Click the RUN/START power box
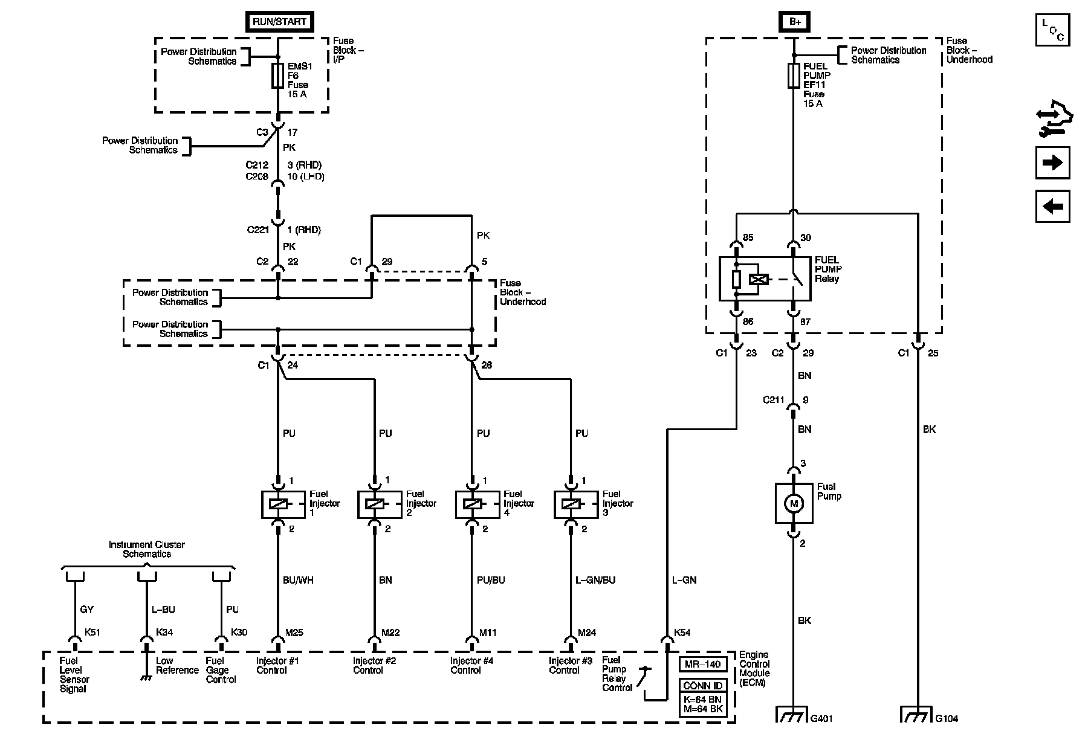coord(280,21)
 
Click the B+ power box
coord(794,21)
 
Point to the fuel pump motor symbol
coord(794,503)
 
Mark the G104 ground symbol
coord(918,715)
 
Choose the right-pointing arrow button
coord(1052,163)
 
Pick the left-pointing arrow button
coord(1052,207)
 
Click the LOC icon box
coord(1052,30)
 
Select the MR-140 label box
coord(703,664)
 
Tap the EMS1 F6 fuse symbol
coord(278,76)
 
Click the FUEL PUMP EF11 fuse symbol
coord(794,76)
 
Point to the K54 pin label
coord(682,633)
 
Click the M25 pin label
coord(294,633)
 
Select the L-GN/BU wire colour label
coord(595,580)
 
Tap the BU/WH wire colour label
coord(299,580)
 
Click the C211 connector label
coord(773,400)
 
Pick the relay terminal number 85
coord(748,238)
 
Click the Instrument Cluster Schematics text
coord(147,549)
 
